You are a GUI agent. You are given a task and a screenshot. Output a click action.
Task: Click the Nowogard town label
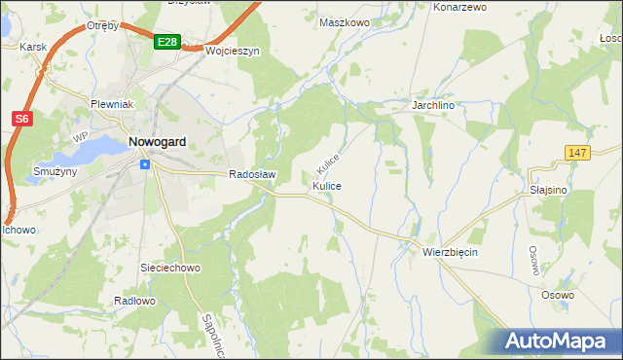[158, 142]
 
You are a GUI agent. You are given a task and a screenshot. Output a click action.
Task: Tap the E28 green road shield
[166, 42]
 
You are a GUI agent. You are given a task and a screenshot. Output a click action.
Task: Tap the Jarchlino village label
[434, 103]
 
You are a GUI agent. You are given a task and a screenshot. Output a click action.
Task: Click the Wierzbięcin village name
[450, 251]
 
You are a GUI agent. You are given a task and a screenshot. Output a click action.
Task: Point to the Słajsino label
[548, 191]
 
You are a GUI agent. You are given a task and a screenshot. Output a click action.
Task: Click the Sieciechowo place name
[170, 267]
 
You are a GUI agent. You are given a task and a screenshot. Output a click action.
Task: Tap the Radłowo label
[134, 301]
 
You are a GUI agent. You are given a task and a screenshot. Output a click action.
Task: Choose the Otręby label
[102, 25]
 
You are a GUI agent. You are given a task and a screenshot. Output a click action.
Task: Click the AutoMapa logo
[558, 342]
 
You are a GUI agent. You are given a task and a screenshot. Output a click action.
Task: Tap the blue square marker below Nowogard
[145, 163]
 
